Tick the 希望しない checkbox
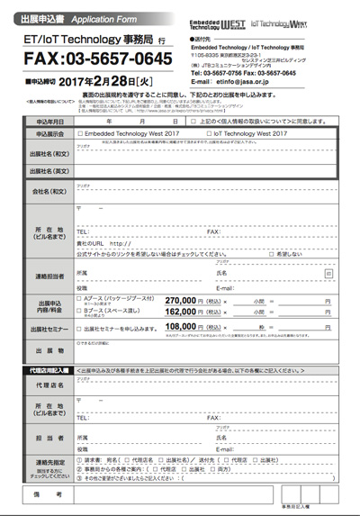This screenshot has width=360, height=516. click(277, 255)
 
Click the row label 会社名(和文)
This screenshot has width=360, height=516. click(49, 191)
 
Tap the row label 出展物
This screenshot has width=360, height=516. click(49, 350)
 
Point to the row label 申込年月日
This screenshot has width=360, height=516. click(49, 119)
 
